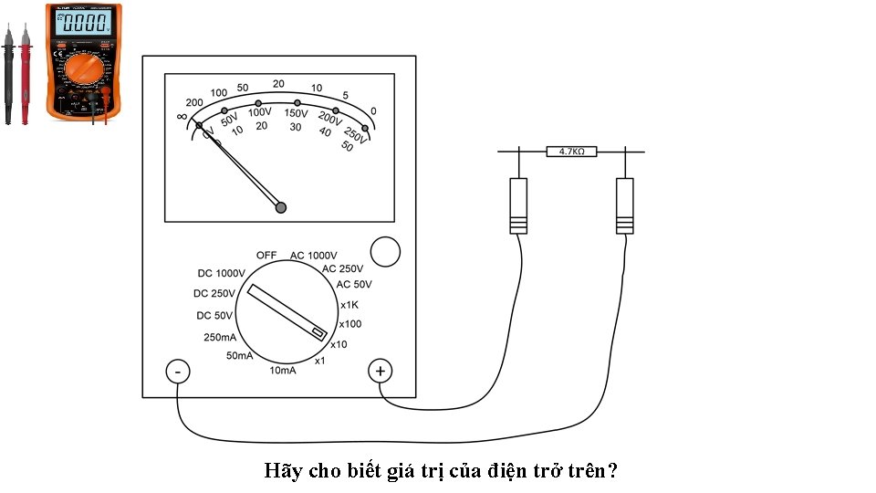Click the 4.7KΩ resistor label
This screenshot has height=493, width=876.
[x=571, y=152]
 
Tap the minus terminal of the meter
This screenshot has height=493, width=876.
[x=177, y=372]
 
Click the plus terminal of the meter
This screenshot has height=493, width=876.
[x=380, y=372]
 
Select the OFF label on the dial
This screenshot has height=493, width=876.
[x=266, y=255]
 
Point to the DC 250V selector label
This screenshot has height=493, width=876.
[x=214, y=294]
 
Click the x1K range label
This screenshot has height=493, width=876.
[x=349, y=305]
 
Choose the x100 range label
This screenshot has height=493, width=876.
[x=350, y=324]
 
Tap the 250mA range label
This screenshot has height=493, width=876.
[x=220, y=338]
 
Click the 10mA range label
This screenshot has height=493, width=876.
[x=283, y=371]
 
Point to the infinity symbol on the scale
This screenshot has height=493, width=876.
[x=181, y=117]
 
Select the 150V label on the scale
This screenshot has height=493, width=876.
[x=296, y=113]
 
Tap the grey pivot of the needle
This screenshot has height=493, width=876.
[x=281, y=208]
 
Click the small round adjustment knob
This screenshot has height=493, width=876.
[x=387, y=252]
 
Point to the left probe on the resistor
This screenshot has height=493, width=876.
[x=518, y=205]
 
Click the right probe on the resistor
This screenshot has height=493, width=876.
[x=625, y=205]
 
